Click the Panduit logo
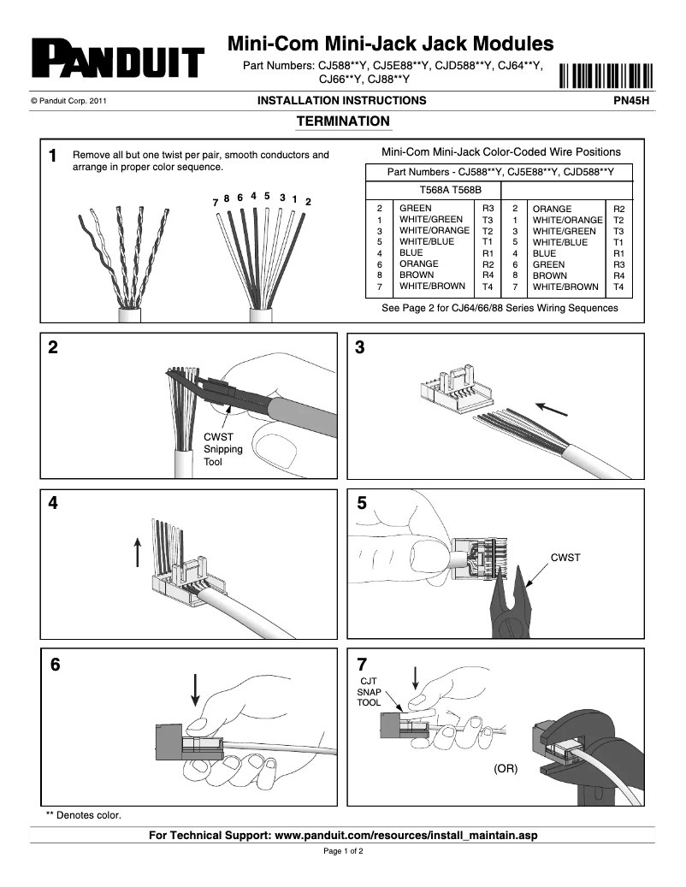click(x=117, y=61)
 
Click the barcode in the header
click(x=606, y=76)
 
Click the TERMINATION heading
click(x=342, y=121)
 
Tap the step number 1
click(x=53, y=157)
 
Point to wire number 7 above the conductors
click(x=215, y=203)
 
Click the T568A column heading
click(x=435, y=190)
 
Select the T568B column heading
click(x=467, y=190)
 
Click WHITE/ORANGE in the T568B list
click(x=567, y=220)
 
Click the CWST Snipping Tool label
click(x=222, y=449)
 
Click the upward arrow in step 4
click(x=137, y=552)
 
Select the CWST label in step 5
click(x=565, y=558)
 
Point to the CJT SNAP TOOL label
click(x=370, y=691)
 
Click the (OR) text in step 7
click(x=506, y=769)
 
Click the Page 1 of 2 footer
click(x=343, y=852)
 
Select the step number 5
click(x=362, y=505)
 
